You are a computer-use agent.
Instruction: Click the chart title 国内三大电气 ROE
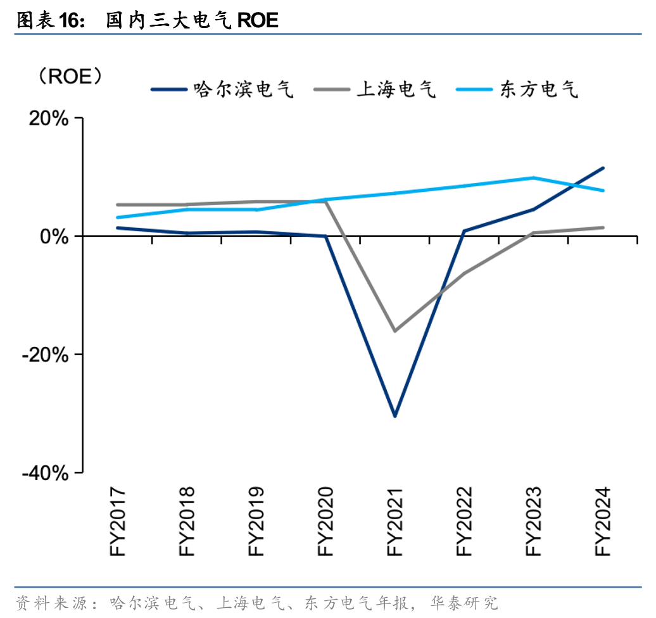192,20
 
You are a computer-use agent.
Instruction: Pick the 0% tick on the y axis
56,236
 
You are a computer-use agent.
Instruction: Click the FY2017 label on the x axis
118,522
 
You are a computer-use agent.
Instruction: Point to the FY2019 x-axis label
256,522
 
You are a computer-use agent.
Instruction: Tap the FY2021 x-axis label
395,522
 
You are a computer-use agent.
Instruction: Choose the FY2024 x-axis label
602,522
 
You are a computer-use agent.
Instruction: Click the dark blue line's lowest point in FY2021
395,416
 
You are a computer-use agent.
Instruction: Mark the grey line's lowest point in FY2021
395,331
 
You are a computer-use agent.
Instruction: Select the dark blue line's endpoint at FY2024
603,168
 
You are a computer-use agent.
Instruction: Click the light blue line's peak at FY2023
534,177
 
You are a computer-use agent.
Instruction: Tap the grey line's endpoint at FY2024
603,227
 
